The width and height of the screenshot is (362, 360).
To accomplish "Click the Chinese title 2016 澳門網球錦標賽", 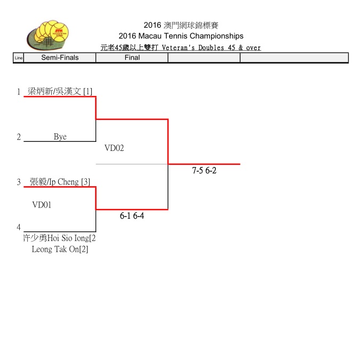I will pyautogui.click(x=181, y=25).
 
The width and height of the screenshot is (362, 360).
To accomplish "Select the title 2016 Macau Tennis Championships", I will pyautogui.click(x=181, y=36).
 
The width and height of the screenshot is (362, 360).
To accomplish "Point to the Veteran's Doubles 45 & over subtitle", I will pyautogui.click(x=181, y=47).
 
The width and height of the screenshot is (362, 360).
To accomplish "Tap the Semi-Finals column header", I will pyautogui.click(x=60, y=58).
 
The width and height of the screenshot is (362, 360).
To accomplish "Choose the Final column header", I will pyautogui.click(x=132, y=58).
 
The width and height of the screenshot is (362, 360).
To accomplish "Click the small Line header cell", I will pyautogui.click(x=18, y=58).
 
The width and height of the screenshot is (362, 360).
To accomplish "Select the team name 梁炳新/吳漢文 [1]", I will pyautogui.click(x=60, y=92).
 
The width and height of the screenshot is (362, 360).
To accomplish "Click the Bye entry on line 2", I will pyautogui.click(x=60, y=137).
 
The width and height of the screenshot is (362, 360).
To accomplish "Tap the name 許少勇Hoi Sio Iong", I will pyautogui.click(x=59, y=238).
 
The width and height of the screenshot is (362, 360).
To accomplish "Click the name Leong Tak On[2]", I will pyautogui.click(x=60, y=249).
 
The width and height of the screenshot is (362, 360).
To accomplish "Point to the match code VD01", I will pyautogui.click(x=42, y=204).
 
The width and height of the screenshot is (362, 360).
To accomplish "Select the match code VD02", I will pyautogui.click(x=114, y=148).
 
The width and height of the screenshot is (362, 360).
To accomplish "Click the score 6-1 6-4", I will pyautogui.click(x=132, y=216).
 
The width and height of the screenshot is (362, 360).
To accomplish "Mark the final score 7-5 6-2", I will pyautogui.click(x=204, y=171).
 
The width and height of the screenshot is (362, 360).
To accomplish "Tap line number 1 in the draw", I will pyautogui.click(x=19, y=92).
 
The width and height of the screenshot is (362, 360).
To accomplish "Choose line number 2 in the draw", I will pyautogui.click(x=19, y=137).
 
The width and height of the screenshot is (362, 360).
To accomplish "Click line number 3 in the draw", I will pyautogui.click(x=19, y=182).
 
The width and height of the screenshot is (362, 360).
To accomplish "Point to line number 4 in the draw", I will pyautogui.click(x=19, y=227).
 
